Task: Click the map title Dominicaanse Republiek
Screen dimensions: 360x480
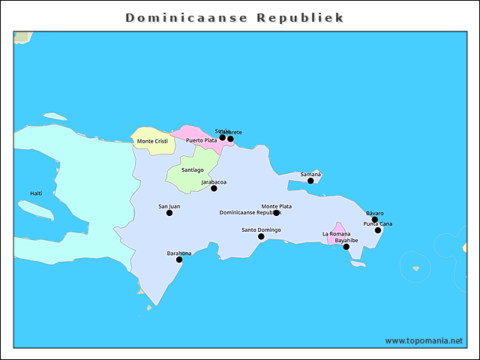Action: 235,17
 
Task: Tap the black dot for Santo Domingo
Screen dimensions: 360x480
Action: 261,236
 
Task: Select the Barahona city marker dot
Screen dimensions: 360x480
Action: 179,259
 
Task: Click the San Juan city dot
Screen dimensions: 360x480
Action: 169,213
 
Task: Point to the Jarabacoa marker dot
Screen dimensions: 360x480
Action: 214,188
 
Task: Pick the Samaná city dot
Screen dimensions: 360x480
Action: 310,181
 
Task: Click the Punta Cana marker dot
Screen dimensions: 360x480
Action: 378,230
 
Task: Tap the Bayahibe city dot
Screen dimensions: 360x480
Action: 346,247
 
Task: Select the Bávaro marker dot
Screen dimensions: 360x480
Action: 375,220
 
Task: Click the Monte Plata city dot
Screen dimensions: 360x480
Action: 276,213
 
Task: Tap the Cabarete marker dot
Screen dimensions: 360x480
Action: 230,139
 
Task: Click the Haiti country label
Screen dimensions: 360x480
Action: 36,193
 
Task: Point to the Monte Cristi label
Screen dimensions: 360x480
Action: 151,141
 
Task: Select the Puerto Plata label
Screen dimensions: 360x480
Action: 201,140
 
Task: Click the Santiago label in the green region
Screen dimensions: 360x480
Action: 192,169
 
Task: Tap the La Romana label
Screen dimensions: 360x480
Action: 336,234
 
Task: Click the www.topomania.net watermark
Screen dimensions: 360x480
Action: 424,340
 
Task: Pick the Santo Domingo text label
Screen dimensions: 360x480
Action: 261,229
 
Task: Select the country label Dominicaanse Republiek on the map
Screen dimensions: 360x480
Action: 247,213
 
